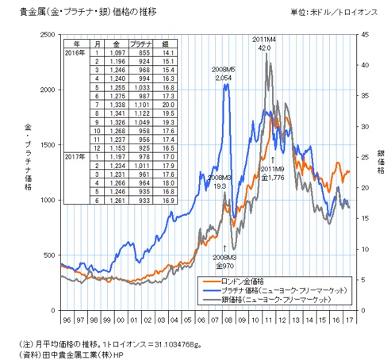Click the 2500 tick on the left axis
coord(44,35)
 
